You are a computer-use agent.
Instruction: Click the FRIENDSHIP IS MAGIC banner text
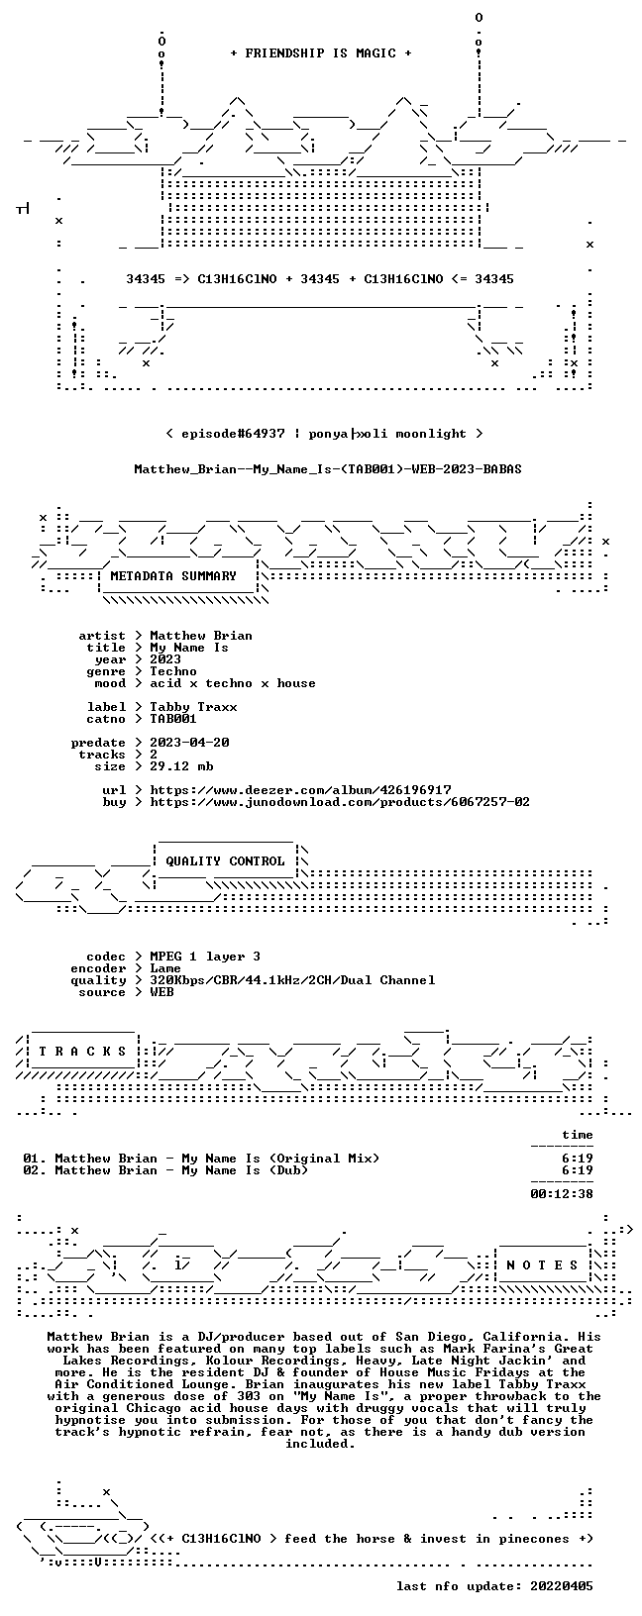tap(321, 53)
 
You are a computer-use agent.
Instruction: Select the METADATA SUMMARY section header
tap(173, 576)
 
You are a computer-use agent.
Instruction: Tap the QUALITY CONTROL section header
tap(225, 861)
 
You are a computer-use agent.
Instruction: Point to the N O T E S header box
tap(542, 1264)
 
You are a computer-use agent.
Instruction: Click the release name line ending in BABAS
tap(328, 469)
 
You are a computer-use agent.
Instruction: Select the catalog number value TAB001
tap(173, 719)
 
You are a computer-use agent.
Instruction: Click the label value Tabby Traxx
tap(193, 707)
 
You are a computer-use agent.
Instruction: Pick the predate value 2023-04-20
tap(189, 743)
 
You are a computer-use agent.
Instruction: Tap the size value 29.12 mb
tap(181, 766)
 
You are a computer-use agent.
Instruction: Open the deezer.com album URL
tap(300, 790)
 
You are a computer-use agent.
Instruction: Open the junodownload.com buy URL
tap(340, 802)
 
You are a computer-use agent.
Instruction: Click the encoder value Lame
tap(165, 968)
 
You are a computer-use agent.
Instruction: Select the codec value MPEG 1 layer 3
tap(205, 957)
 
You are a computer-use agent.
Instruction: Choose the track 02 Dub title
tap(181, 1170)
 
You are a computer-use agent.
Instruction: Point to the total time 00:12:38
tap(561, 1194)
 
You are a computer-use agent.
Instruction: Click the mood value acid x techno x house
tap(233, 683)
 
